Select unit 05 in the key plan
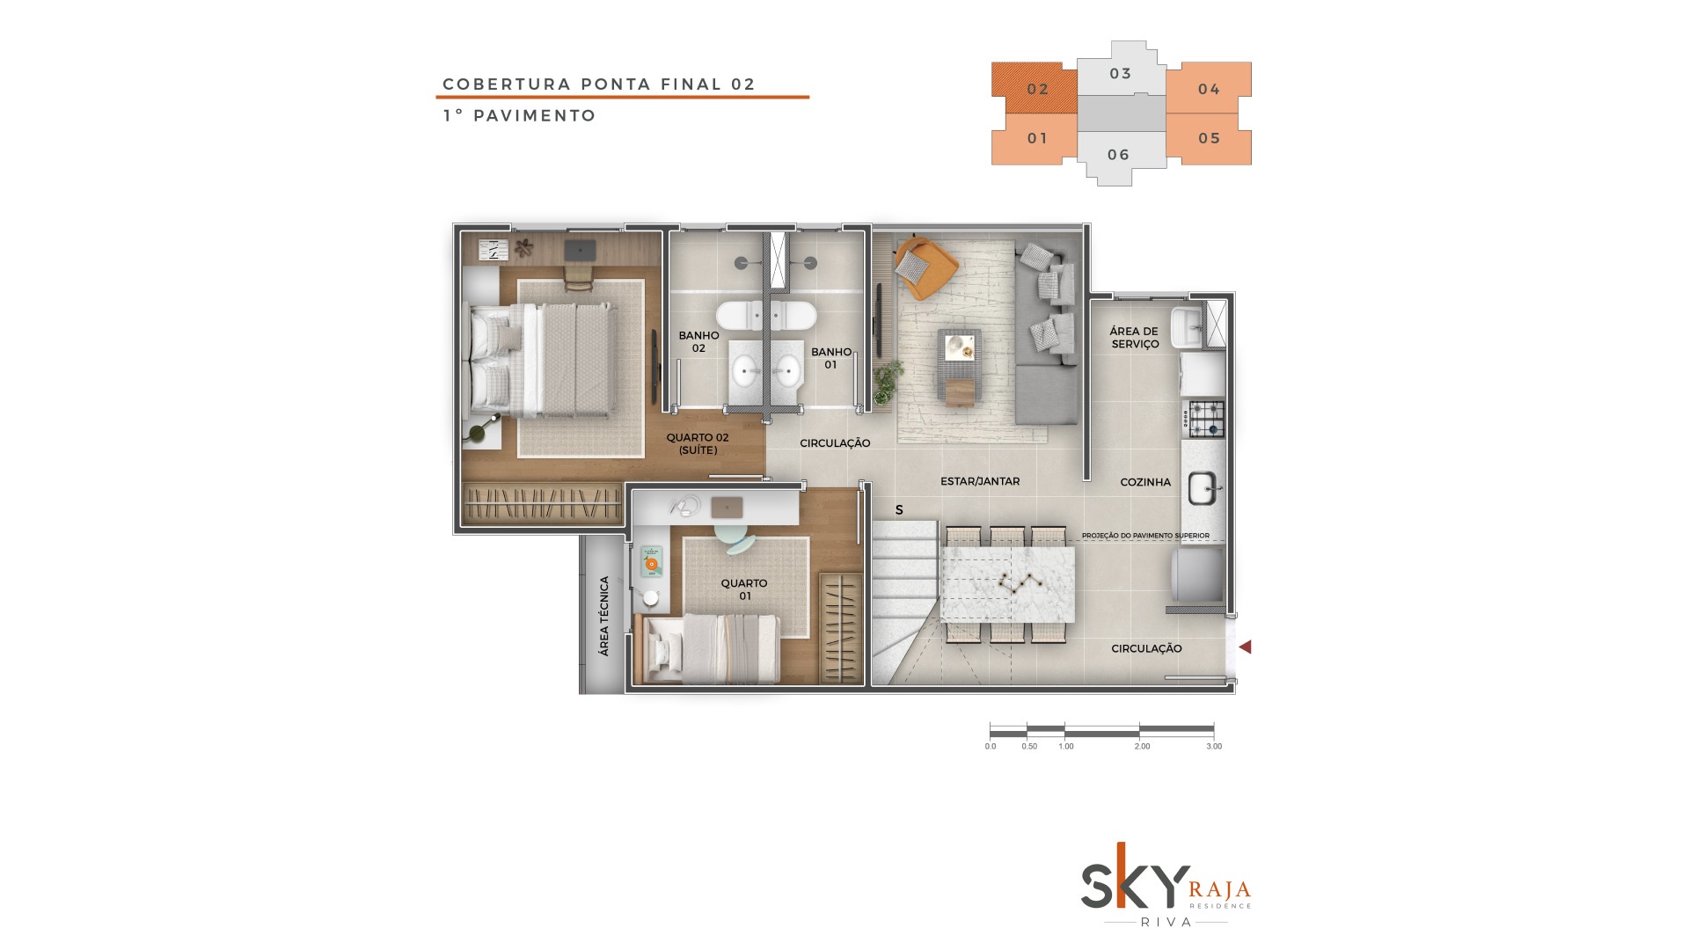[x=1209, y=139]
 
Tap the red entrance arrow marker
[x=1245, y=647]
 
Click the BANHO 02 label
[x=698, y=342]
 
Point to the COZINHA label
[x=1145, y=482]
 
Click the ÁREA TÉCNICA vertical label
[x=603, y=616]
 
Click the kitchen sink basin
[x=1202, y=488]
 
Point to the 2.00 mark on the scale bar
[x=1141, y=747]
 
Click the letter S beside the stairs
[x=899, y=510]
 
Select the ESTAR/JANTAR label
[x=980, y=482]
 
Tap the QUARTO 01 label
[x=744, y=589]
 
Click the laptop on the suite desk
[x=579, y=250]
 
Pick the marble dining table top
[x=1008, y=584]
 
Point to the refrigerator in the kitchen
[x=1197, y=575]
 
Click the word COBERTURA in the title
[x=505, y=84]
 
